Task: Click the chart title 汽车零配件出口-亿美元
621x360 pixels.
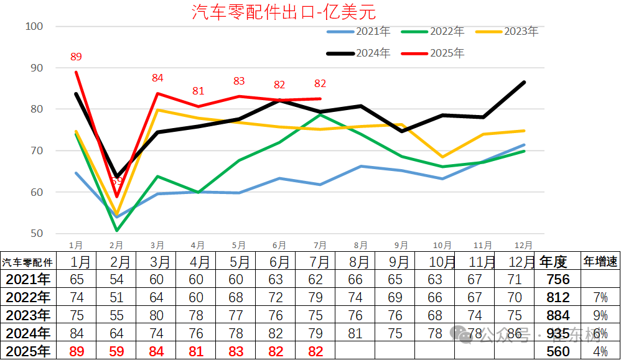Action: pos(284,12)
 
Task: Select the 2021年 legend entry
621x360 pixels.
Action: pos(373,31)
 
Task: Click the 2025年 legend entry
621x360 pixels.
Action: pos(447,53)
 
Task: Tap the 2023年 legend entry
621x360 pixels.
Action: pos(521,31)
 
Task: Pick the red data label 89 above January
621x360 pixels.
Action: pos(76,57)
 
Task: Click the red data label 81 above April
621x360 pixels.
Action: pos(198,91)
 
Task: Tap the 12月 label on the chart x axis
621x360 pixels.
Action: pos(524,246)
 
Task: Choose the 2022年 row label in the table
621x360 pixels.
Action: pos(26,297)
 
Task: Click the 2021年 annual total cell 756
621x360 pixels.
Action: pos(558,279)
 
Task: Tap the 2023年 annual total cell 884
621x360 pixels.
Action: pos(558,315)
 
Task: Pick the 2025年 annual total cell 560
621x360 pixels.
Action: pos(558,352)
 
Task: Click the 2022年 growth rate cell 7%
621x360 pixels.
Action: pos(600,297)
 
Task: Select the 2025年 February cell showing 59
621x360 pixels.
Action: pos(116,352)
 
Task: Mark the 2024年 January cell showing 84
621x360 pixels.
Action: pos(77,334)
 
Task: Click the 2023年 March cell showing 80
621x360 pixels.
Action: pos(157,315)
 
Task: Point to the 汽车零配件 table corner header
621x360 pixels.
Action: pos(27,262)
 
